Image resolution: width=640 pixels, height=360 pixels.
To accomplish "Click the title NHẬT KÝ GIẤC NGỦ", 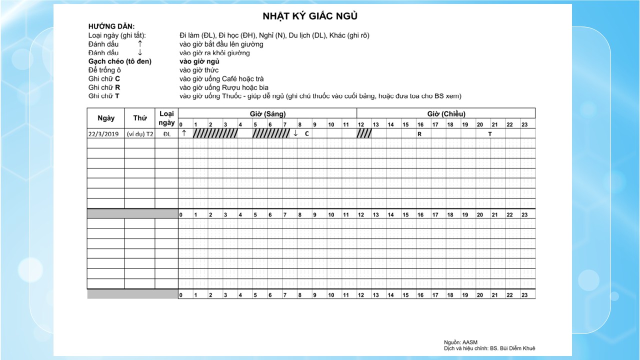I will pyautogui.click(x=310, y=16).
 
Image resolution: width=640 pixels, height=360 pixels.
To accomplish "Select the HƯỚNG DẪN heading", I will pyautogui.click(x=111, y=26).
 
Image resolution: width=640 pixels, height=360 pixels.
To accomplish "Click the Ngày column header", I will pyautogui.click(x=106, y=118).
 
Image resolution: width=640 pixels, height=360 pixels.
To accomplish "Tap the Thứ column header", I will pyautogui.click(x=140, y=118).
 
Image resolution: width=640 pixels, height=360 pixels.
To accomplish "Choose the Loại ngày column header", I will pyautogui.click(x=166, y=118).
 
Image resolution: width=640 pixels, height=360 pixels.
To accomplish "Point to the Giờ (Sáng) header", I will pyautogui.click(x=267, y=113).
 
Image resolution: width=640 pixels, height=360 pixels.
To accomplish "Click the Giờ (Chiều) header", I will pyautogui.click(x=446, y=113).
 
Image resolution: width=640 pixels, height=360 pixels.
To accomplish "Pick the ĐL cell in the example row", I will pyautogui.click(x=166, y=134).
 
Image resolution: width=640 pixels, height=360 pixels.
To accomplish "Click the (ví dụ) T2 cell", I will pyautogui.click(x=140, y=134).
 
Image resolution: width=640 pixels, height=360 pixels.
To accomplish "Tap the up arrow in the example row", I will pyautogui.click(x=184, y=133).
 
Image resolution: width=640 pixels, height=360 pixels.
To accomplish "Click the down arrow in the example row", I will pyautogui.click(x=296, y=133).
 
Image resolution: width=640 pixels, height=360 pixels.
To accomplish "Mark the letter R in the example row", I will pyautogui.click(x=419, y=134).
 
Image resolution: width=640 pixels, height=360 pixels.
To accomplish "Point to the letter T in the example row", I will pyautogui.click(x=490, y=134).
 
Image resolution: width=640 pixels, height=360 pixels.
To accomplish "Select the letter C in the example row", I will pyautogui.click(x=307, y=134).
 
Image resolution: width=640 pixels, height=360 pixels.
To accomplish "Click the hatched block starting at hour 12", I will pyautogui.click(x=364, y=133).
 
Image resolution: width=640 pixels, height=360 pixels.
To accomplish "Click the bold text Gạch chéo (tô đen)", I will pyautogui.click(x=119, y=61).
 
